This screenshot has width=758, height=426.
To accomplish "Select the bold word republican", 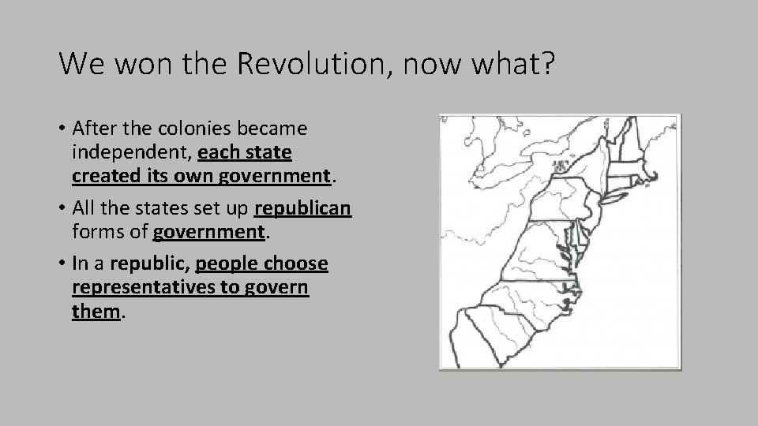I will tap(302, 209).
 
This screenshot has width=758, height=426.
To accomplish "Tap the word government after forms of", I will tap(208, 232).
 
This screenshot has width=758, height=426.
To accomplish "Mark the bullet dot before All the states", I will tap(62, 209).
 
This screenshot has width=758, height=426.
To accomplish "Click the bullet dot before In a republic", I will tap(62, 264).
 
